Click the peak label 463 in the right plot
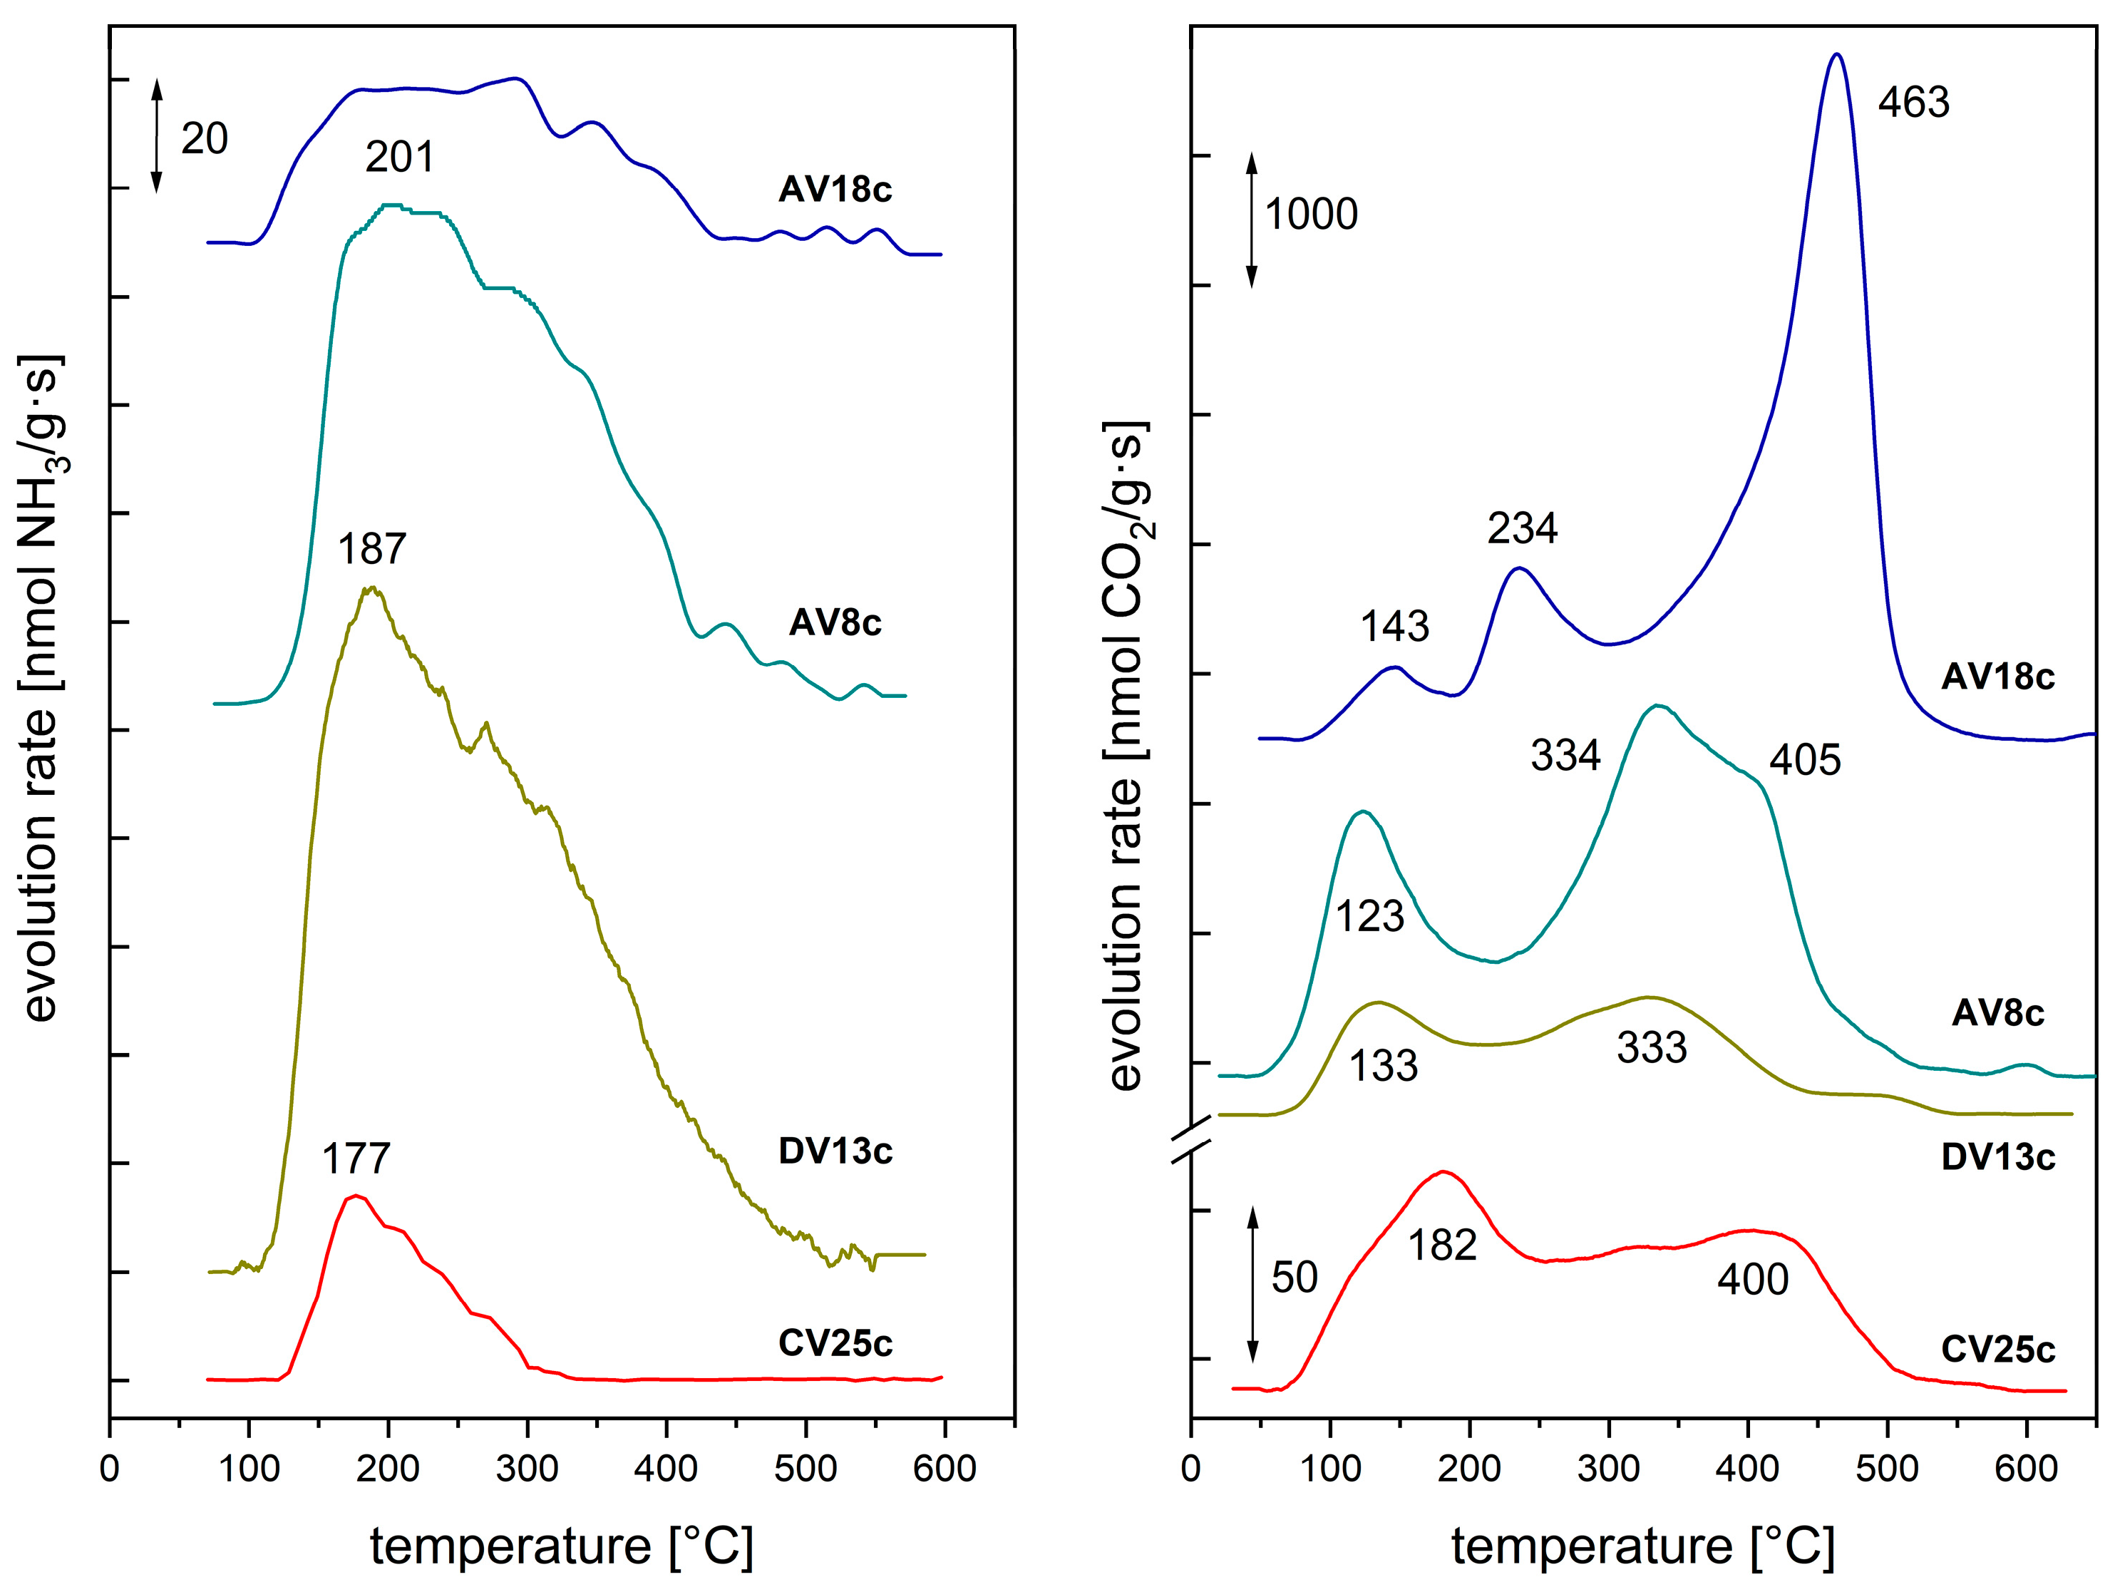click(x=1913, y=102)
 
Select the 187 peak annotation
click(x=372, y=550)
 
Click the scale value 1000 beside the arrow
click(x=1311, y=214)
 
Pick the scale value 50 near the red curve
click(x=1295, y=1277)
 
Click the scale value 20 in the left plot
click(x=204, y=139)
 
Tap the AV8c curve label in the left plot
click(x=835, y=623)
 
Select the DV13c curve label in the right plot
click(x=1997, y=1158)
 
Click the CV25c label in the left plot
click(x=835, y=1343)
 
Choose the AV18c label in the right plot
click(x=1997, y=677)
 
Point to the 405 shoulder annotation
click(x=1805, y=760)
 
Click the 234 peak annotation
click(x=1523, y=528)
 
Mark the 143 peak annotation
click(x=1394, y=627)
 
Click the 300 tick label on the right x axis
click(x=1608, y=1468)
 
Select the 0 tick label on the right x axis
click(x=1190, y=1468)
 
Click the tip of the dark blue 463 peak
click(x=1836, y=54)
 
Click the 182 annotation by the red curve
click(x=1442, y=1246)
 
